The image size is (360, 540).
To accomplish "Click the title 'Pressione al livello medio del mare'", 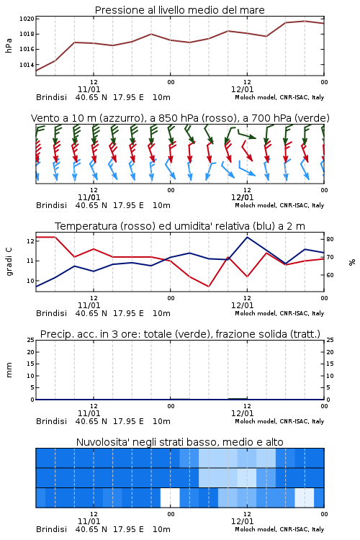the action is point(179,10).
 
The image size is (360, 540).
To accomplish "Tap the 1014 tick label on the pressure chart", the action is point(27,65).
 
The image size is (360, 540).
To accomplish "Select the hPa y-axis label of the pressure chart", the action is point(9,45).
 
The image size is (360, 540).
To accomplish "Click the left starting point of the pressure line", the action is point(36,71).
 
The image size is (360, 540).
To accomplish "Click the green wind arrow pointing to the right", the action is point(247,135).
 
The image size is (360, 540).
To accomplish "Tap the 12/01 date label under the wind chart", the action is point(242,198).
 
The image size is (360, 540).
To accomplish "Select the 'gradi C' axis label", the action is point(9,262).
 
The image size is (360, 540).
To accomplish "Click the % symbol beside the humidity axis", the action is point(352,262).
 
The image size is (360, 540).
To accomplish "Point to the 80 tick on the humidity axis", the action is point(330,239).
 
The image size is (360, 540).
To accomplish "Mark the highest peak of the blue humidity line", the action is point(247,237).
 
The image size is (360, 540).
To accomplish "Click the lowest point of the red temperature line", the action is point(209,287).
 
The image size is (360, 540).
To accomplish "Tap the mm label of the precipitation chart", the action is point(9,369).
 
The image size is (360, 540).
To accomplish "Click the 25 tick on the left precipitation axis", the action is point(31,340).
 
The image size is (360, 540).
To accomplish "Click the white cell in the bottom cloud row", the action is point(170,498).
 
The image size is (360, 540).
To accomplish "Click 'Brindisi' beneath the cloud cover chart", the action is point(51,529).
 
